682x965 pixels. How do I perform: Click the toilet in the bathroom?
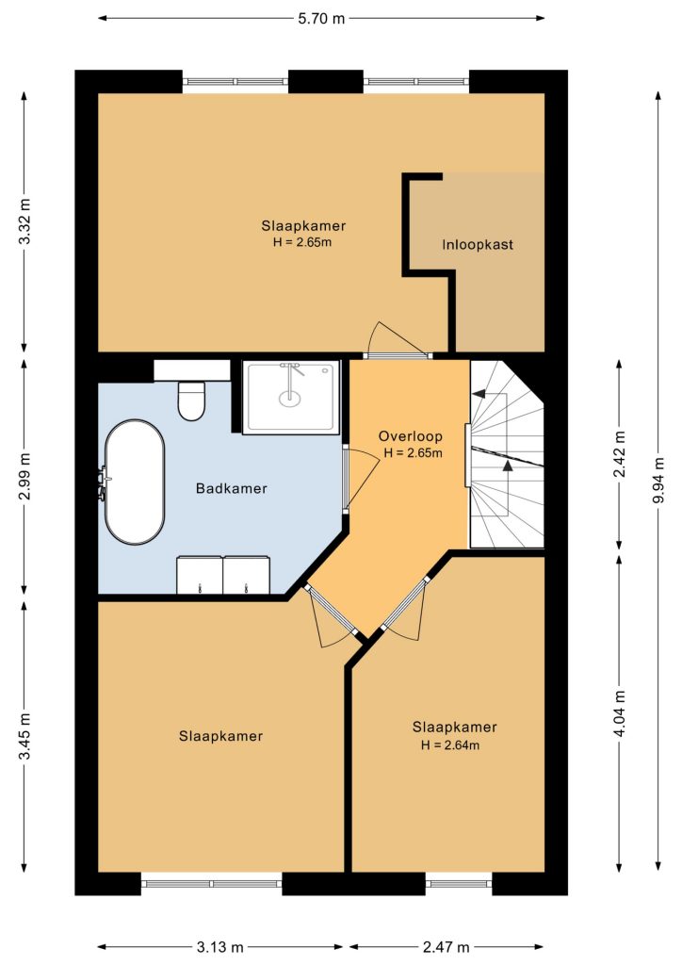point(191,401)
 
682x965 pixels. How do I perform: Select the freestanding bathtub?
point(135,482)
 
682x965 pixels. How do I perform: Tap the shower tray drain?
point(290,399)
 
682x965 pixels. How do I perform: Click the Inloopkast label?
point(478,244)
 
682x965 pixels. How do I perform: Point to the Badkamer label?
point(231,489)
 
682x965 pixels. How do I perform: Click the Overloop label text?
point(410,436)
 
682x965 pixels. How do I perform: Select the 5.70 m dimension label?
point(321,19)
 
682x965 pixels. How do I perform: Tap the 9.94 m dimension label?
point(658,480)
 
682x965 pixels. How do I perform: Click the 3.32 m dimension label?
point(24,221)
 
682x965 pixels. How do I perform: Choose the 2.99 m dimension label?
point(24,476)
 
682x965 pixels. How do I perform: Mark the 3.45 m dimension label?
point(24,736)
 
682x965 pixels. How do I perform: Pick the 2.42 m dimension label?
point(619,453)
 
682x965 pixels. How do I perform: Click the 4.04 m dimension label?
point(619,713)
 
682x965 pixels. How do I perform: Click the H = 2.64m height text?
point(450,745)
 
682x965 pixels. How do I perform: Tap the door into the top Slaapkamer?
point(397,355)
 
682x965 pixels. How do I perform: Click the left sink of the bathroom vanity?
point(200,575)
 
